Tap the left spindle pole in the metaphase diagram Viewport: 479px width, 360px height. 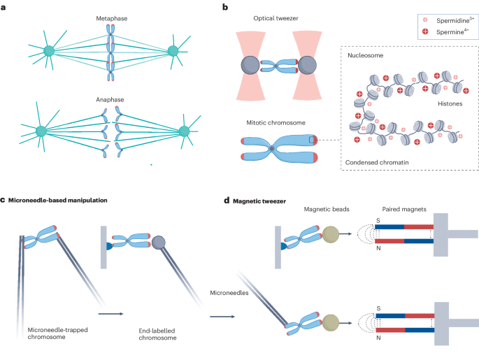pos(49,51)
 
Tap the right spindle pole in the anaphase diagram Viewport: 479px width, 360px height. pos(185,131)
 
